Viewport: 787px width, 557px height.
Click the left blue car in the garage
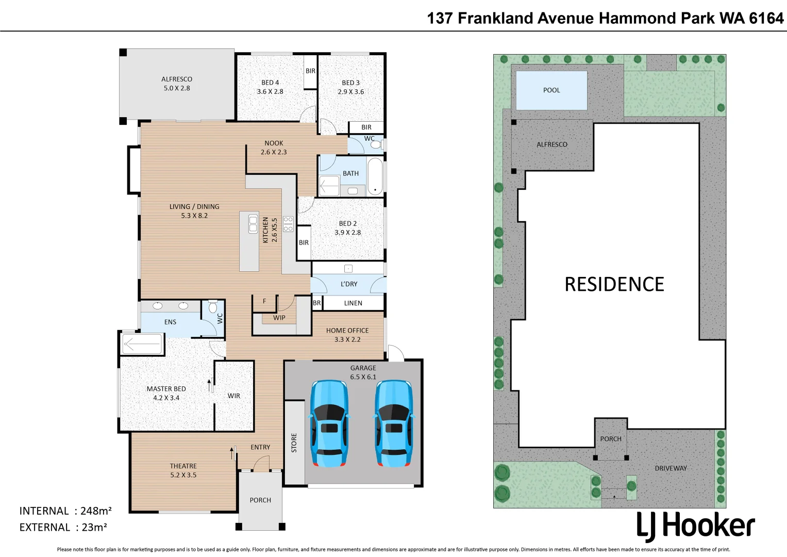329,423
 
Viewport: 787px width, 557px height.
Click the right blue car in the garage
394,423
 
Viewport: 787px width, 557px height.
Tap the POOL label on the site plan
551,90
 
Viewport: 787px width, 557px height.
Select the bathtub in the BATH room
375,176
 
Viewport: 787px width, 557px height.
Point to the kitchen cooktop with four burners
288,224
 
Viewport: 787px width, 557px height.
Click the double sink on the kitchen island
253,224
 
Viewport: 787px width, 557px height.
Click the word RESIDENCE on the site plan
614,284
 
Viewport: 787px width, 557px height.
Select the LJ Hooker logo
695,526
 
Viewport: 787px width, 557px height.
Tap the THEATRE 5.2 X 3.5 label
183,470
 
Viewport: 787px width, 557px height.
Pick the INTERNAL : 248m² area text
65,511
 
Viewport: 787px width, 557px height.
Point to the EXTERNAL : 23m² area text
63,528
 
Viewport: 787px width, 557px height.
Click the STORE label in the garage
294,443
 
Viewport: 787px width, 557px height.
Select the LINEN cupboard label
353,303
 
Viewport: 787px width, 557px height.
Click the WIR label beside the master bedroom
233,396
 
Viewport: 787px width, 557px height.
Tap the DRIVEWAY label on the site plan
671,468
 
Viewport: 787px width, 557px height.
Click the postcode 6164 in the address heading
766,19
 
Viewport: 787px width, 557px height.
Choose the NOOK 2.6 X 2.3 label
274,148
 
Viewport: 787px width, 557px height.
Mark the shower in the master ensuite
142,344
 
